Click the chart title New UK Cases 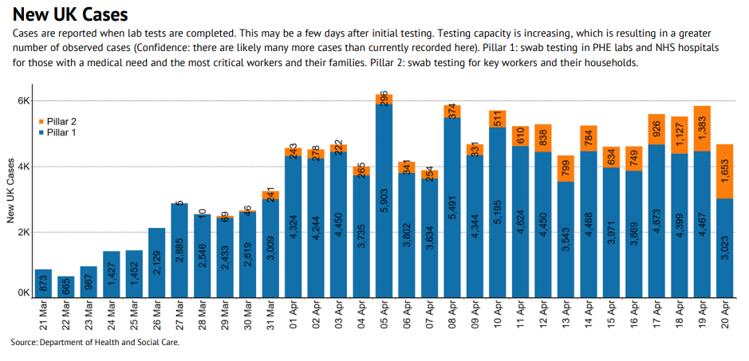pyautogui.click(x=69, y=15)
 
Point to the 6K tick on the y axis pyautogui.click(x=22, y=101)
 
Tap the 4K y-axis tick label pyautogui.click(x=22, y=167)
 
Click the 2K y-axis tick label pyautogui.click(x=22, y=232)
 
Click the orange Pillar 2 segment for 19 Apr pyautogui.click(x=703, y=128)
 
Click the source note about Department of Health pyautogui.click(x=95, y=343)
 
